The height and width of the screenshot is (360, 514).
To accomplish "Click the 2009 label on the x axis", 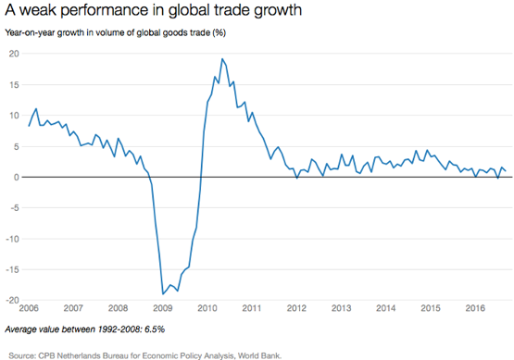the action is click(163, 308).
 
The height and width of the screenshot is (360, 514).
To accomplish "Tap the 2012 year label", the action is click(296, 308).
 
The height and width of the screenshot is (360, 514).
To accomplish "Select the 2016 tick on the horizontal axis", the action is click(475, 308).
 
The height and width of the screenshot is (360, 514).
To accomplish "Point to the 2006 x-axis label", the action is click(29, 308).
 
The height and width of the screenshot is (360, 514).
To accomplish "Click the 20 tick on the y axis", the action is click(14, 54).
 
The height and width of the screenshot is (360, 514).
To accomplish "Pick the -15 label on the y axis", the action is click(12, 269).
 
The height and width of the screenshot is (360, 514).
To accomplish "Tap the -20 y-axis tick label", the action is click(12, 301).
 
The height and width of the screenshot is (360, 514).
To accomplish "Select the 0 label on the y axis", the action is click(17, 177).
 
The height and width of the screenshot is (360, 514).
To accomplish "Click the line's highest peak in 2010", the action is click(222, 59).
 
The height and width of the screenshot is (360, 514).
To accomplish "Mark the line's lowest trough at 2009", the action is click(163, 294).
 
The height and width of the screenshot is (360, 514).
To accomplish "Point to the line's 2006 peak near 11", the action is click(36, 109).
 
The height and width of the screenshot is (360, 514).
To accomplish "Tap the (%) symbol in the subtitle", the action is click(219, 33).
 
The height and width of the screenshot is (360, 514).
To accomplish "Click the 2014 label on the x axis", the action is click(386, 308).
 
